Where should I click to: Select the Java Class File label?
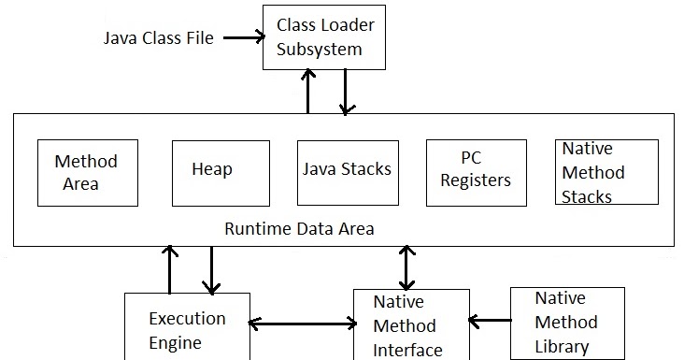pos(158,38)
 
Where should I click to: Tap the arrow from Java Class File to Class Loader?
pos(241,38)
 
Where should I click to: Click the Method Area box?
pos(87,172)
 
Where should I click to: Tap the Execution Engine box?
pos(187,329)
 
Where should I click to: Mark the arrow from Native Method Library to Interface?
pos(490,322)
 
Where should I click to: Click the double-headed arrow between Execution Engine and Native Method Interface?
pos(303,324)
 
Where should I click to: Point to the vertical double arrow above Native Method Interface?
pos(407,267)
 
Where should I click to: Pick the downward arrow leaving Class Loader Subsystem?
pos(345,92)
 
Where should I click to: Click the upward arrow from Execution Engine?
pos(169,269)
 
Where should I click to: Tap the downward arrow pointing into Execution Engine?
pos(211,270)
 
